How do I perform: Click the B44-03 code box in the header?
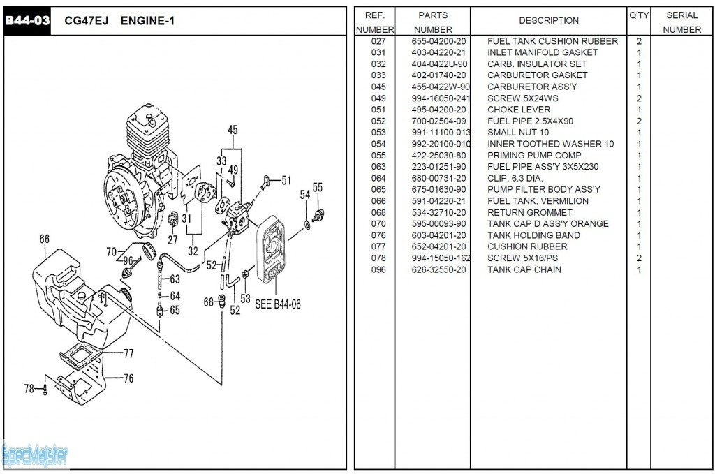27,20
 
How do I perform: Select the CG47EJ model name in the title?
84,21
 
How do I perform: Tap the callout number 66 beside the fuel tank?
45,239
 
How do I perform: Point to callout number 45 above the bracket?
233,130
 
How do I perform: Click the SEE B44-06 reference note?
278,304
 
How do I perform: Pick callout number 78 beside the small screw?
29,388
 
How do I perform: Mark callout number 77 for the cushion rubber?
128,353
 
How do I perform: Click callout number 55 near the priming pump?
318,187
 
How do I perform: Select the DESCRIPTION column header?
549,21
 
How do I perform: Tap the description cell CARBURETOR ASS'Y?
532,87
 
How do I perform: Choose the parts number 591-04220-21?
439,201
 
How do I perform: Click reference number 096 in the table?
378,269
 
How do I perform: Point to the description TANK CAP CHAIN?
524,269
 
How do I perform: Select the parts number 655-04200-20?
439,41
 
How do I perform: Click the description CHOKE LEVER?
519,110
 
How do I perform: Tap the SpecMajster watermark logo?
35,456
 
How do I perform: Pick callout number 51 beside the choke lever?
286,180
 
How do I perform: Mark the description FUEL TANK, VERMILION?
538,201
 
